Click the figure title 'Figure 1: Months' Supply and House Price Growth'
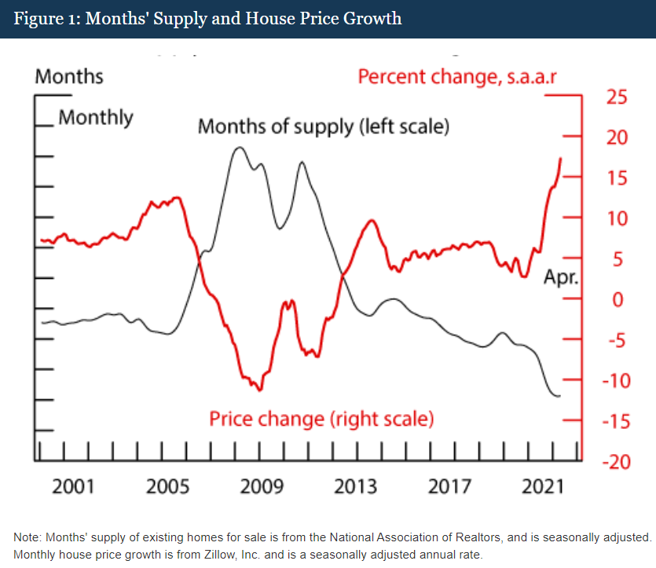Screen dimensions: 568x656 (x=207, y=18)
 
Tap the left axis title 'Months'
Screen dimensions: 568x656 (x=69, y=76)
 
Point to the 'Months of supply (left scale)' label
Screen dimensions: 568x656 (x=323, y=126)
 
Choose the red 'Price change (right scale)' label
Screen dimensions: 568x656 (x=321, y=418)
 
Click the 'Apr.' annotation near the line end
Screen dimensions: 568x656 (x=561, y=277)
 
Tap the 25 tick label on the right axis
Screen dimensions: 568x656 (x=617, y=97)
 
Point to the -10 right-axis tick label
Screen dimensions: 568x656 (x=614, y=380)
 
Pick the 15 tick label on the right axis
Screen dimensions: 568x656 (x=617, y=178)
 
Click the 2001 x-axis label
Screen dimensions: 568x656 (x=73, y=486)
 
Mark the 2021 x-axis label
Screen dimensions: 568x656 (x=543, y=486)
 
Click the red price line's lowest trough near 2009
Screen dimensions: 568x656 (x=258, y=390)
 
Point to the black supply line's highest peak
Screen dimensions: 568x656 (x=239, y=148)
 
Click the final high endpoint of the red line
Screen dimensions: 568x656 (x=561, y=159)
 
